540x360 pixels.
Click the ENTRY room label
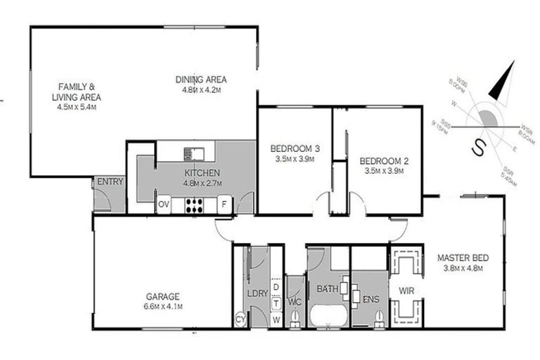(x=110, y=181)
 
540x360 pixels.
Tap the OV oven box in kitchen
(x=163, y=205)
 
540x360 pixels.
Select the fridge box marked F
(x=224, y=205)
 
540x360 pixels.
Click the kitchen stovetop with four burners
(x=193, y=205)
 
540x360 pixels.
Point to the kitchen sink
(x=194, y=153)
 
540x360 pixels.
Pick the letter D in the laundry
(x=276, y=288)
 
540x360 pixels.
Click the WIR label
(x=406, y=289)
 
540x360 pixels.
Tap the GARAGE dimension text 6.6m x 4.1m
(x=163, y=307)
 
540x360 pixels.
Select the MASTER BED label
(x=462, y=257)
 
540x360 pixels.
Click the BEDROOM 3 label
(x=295, y=148)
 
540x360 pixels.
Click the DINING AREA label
(x=201, y=79)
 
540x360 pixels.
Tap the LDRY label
(x=257, y=293)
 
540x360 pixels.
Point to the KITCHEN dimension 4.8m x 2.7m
(x=202, y=184)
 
